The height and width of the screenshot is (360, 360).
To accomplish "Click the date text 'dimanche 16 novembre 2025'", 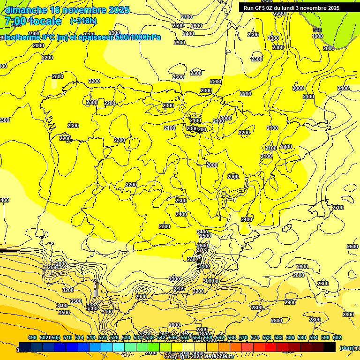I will point(67,10).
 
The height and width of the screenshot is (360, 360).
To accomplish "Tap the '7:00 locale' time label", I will point(33,21).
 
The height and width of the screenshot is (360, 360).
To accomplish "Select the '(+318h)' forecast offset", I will point(83,21).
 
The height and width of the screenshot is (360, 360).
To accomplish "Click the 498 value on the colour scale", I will point(32,337).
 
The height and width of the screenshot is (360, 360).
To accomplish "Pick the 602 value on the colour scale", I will point(337,337).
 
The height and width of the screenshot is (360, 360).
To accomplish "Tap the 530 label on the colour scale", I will point(126,337).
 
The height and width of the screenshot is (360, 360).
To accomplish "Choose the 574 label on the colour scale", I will point(243,337).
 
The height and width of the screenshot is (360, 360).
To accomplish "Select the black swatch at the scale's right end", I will point(330,347).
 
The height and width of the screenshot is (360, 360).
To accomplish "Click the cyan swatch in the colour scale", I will point(119,347).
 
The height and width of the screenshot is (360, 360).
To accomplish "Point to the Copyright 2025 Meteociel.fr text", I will point(199,357).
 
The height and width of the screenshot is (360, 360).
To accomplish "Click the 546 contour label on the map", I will point(317,30).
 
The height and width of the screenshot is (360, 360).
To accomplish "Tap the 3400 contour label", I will point(62,306).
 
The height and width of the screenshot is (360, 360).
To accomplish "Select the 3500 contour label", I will point(64,313).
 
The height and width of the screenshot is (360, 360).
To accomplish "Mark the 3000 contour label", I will point(210,281).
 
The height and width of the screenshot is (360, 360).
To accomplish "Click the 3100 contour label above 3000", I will point(204,266).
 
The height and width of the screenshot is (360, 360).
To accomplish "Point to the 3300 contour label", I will point(76,301).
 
